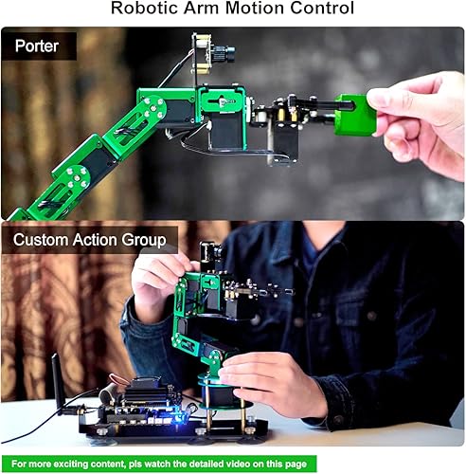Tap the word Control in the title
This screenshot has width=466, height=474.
pyautogui.click(x=322, y=9)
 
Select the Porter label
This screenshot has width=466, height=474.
pyautogui.click(x=36, y=46)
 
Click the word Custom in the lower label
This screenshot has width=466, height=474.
pyautogui.click(x=43, y=240)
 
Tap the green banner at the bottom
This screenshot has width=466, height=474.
pyautogui.click(x=233, y=464)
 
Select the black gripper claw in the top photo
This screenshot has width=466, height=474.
pyautogui.click(x=303, y=109)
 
